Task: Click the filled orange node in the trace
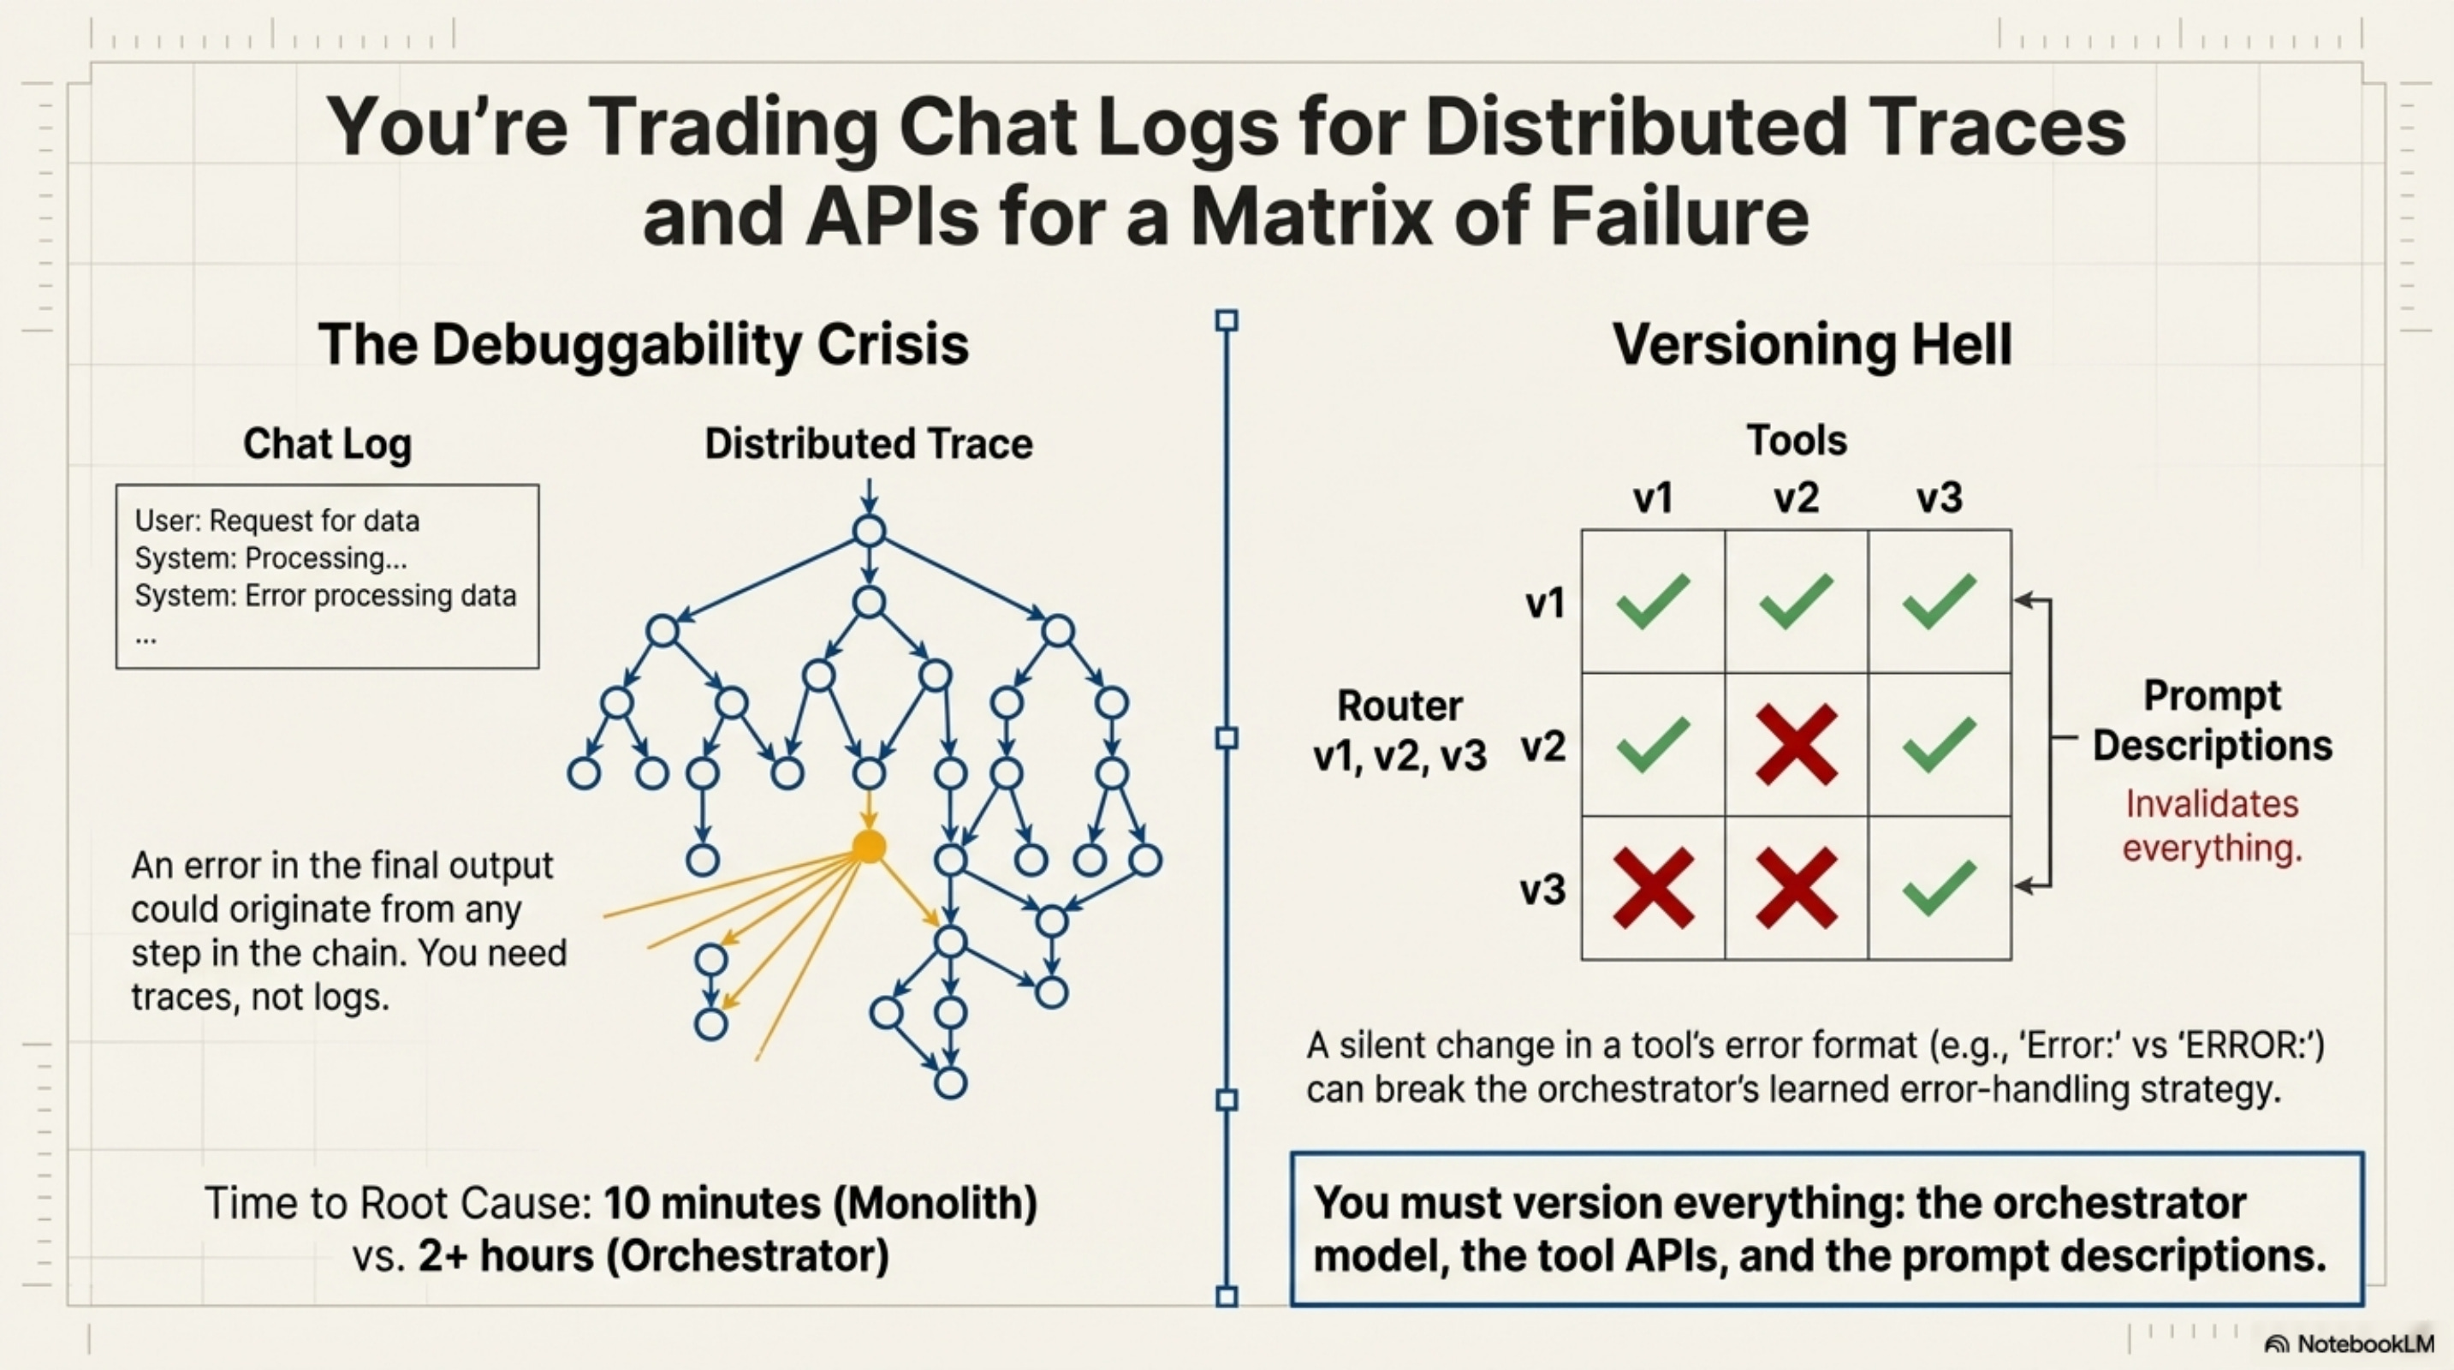point(868,846)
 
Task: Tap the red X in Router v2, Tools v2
point(1796,744)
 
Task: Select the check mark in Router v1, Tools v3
point(1939,601)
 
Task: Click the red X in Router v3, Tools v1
point(1654,888)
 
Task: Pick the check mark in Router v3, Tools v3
point(1939,888)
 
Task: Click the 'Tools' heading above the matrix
point(1796,440)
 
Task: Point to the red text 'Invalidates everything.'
point(2211,825)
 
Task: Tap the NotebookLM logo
point(2350,1343)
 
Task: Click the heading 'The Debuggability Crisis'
point(643,344)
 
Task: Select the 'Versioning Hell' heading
point(1812,344)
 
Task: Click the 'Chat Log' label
point(327,444)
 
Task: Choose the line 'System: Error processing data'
point(325,595)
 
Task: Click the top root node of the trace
point(869,531)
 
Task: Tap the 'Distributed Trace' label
point(868,444)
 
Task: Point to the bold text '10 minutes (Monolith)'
point(820,1202)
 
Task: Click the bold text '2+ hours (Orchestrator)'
point(653,1255)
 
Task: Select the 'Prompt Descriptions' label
point(2211,720)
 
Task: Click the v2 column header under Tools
point(1796,498)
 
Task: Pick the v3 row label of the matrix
point(1542,889)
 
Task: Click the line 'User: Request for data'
point(276,521)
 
